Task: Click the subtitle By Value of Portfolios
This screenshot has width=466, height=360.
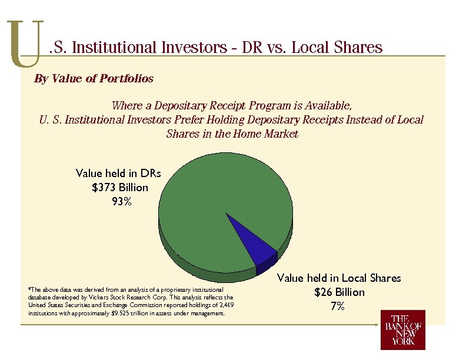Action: pyautogui.click(x=94, y=78)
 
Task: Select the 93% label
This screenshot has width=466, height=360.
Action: pyautogui.click(x=121, y=202)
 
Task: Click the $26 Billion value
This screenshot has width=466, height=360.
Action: pyautogui.click(x=339, y=292)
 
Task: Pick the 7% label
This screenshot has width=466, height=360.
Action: pyautogui.click(x=338, y=306)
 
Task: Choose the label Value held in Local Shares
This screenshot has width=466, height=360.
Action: pyautogui.click(x=339, y=278)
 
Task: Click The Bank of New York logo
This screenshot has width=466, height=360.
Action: pyautogui.click(x=403, y=330)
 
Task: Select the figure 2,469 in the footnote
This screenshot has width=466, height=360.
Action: pyautogui.click(x=226, y=305)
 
